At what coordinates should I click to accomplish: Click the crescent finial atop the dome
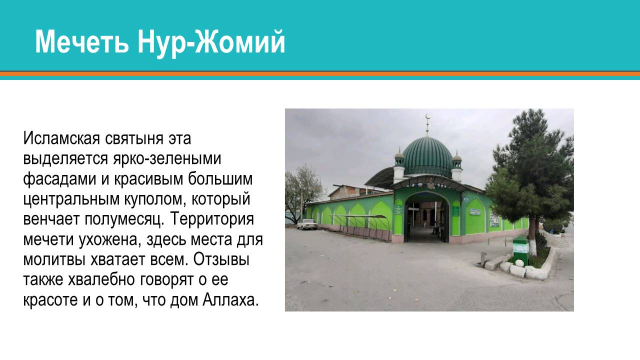(427, 118)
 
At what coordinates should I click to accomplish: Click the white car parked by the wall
(307, 224)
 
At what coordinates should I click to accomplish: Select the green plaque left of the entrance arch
(398, 209)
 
